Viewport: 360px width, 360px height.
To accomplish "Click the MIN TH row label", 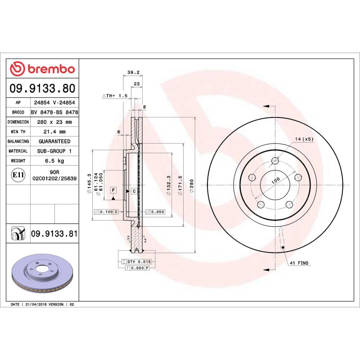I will click(18, 132).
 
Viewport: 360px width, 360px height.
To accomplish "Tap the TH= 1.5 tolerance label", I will click(116, 96).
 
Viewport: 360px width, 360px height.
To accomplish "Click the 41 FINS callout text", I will click(299, 263).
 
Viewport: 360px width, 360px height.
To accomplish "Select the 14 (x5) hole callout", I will click(304, 139).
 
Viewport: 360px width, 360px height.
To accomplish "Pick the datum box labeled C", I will click(134, 191).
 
